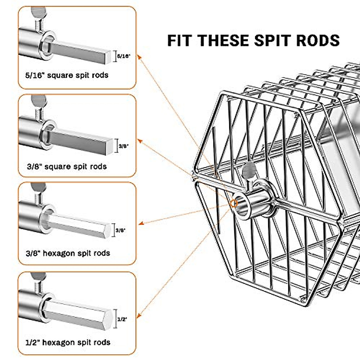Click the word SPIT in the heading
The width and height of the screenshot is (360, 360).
coord(273,40)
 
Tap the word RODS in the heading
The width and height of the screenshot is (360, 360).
coord(318,40)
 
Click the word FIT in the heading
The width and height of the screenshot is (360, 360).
coord(179,40)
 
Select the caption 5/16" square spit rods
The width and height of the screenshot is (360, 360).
coord(67,75)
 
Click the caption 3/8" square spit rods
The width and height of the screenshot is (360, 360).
coord(67,166)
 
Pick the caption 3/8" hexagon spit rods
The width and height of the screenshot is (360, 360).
coord(68,253)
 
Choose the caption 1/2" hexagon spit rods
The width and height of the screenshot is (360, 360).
coord(68,342)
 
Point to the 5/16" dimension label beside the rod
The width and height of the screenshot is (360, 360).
coord(124,56)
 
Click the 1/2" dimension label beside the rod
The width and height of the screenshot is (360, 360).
coord(122,319)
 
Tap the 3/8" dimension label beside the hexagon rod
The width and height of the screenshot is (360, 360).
coord(120,230)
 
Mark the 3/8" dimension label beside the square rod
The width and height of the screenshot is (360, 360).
coord(124,146)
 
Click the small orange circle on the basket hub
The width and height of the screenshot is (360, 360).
coord(233,203)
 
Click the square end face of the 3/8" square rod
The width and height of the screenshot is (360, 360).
coord(109,147)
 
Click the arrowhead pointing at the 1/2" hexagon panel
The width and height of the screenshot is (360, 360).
coord(138,316)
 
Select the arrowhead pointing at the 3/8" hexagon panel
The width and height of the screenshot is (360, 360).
coord(141,223)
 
